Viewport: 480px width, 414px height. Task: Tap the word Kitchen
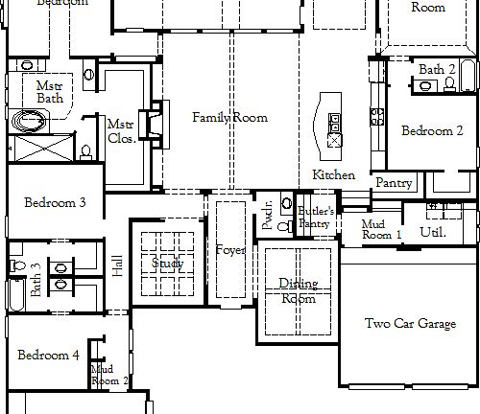pyautogui.click(x=333, y=175)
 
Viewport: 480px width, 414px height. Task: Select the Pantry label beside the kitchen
pyautogui.click(x=394, y=183)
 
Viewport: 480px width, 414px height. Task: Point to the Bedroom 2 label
pyautogui.click(x=432, y=131)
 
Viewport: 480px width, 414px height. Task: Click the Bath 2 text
pyautogui.click(x=437, y=70)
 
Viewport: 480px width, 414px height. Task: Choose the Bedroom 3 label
pyautogui.click(x=55, y=203)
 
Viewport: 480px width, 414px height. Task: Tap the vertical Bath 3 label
pyautogui.click(x=36, y=280)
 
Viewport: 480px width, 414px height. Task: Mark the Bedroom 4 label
pyautogui.click(x=48, y=356)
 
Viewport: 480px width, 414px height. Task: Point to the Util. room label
pyautogui.click(x=432, y=232)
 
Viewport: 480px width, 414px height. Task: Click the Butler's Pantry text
pyautogui.click(x=315, y=217)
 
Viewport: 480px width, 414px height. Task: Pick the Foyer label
pyautogui.click(x=230, y=250)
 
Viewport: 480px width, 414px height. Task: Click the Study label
pyautogui.click(x=167, y=264)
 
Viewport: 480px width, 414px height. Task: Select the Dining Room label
pyautogui.click(x=298, y=290)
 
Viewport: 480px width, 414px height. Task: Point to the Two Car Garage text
pyautogui.click(x=410, y=325)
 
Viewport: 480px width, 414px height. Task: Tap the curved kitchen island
pyautogui.click(x=324, y=120)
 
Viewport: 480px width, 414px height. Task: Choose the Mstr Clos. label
pyautogui.click(x=120, y=130)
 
